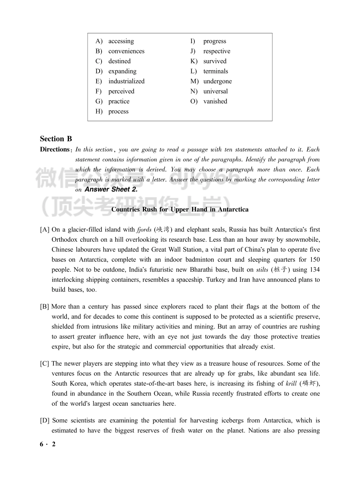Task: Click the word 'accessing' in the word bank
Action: point(121,41)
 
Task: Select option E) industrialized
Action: point(126,81)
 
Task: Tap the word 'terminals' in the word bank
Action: point(216,71)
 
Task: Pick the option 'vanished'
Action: point(215,102)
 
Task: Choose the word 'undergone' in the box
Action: point(218,81)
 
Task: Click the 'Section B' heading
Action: point(56,139)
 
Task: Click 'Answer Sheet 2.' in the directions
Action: point(111,189)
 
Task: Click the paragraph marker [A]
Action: point(44,230)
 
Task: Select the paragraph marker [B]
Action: point(44,307)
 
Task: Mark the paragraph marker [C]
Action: point(44,364)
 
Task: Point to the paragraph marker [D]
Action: point(45,421)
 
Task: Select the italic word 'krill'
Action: point(291,384)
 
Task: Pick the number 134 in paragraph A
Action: point(315,270)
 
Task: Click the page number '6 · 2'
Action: point(48,444)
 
